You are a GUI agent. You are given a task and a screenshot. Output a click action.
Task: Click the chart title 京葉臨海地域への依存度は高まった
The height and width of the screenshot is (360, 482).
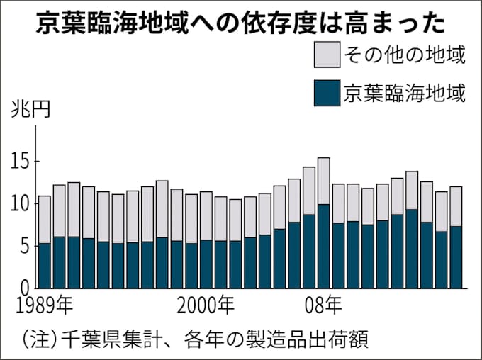[x=241, y=23]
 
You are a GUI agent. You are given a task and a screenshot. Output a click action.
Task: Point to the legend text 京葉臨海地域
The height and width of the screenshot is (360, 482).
[x=404, y=93]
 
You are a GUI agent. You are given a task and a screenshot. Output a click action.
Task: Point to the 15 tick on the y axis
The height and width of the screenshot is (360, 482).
[x=20, y=162]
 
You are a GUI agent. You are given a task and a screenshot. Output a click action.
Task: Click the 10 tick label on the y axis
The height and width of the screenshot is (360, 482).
[x=20, y=204]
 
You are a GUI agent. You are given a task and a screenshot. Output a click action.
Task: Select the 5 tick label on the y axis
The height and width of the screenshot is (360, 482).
[x=23, y=247]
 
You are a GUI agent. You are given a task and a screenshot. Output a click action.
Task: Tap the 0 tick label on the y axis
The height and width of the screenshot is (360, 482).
[x=23, y=288]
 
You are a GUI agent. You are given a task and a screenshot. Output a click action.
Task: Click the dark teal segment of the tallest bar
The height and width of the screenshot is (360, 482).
[x=323, y=246]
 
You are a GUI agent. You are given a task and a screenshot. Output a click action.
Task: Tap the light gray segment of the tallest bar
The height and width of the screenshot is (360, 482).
[x=323, y=181]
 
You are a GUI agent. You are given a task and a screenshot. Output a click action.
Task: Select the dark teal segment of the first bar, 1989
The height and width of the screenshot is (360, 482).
[x=44, y=265]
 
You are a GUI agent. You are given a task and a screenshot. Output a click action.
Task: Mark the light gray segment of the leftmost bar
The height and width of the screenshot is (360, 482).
[x=44, y=220]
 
